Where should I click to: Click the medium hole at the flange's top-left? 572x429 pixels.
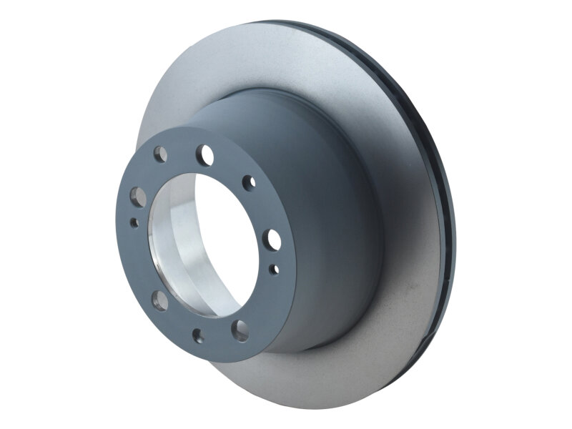161,154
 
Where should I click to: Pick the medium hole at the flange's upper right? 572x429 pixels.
249,182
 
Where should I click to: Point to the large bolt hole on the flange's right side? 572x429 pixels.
272,238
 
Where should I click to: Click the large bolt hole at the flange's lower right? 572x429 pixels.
242,330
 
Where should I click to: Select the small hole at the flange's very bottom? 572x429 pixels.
198,335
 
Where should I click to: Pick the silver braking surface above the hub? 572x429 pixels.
236,64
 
